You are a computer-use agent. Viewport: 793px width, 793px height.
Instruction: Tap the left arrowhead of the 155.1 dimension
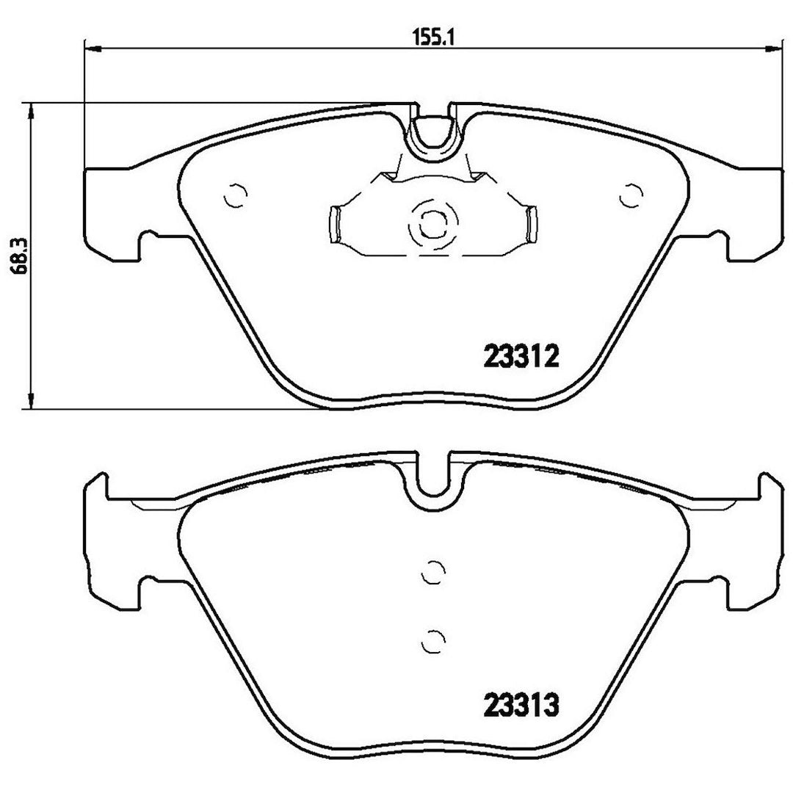point(93,48)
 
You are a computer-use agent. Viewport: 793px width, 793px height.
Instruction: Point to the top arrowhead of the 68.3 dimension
point(32,112)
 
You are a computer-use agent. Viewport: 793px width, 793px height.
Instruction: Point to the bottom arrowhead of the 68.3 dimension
point(32,399)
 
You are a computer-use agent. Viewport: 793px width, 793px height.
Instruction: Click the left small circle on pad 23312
point(235,195)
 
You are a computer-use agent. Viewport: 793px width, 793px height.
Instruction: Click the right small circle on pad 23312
point(631,195)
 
